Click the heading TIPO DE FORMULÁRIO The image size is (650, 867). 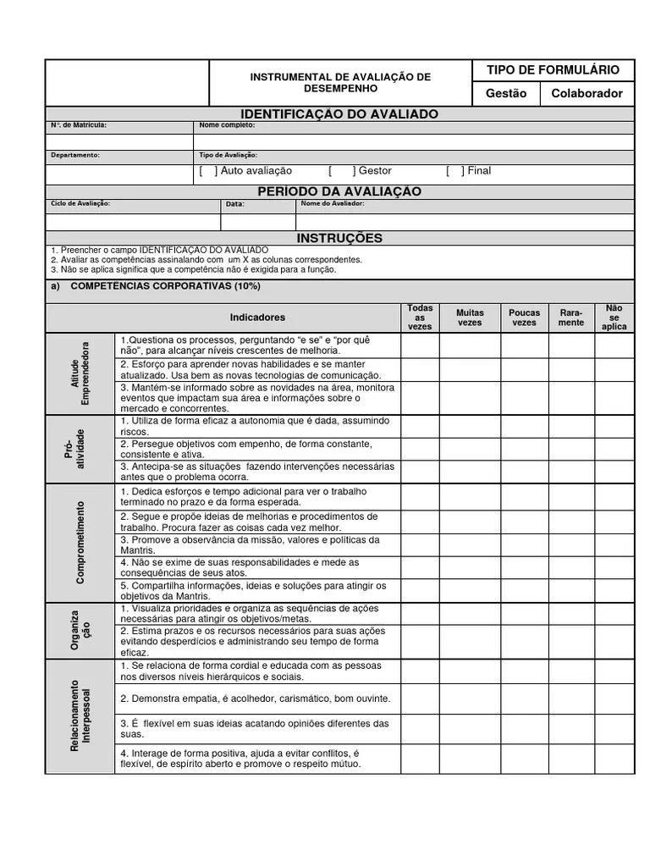coord(553,70)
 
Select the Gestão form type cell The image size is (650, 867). coord(505,94)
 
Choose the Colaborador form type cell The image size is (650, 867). coord(587,94)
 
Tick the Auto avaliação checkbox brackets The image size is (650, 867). coord(209,171)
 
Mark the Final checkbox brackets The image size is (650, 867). coord(455,171)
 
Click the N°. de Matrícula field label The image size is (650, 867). coord(79,125)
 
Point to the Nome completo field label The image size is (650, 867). coord(227,125)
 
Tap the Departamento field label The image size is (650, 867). coord(75,155)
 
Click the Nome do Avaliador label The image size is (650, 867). coord(333,204)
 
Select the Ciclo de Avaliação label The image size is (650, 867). coord(80,204)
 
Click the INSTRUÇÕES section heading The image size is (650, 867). coord(339,238)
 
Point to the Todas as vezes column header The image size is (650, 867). coord(420,318)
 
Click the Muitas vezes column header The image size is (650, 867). coord(470,318)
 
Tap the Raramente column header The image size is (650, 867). coord(571,318)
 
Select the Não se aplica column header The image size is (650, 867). coord(614,318)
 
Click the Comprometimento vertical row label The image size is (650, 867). coord(80,542)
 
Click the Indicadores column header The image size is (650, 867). coord(257,318)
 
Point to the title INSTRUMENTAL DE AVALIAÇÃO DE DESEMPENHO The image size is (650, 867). coord(339,82)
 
